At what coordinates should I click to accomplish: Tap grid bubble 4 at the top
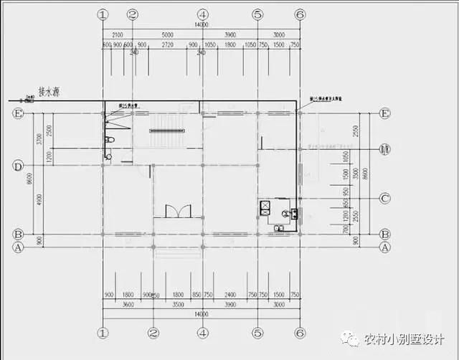coord(203,14)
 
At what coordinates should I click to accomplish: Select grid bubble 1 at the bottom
coord(103,333)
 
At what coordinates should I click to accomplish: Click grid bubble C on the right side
coord(384,199)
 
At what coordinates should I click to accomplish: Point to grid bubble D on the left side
coord(18,166)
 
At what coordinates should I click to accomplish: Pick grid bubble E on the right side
coord(384,113)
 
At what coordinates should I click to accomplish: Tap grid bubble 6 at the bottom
coord(300,333)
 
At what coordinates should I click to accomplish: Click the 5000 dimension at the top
coord(167,34)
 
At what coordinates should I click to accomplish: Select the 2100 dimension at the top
coord(118,34)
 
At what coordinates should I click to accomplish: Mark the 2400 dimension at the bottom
coord(229,295)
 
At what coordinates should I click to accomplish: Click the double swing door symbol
coord(178,211)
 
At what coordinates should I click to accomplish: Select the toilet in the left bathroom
coord(109,139)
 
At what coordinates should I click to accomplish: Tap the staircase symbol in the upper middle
coord(166,130)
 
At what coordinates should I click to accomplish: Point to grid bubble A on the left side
coord(18,247)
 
